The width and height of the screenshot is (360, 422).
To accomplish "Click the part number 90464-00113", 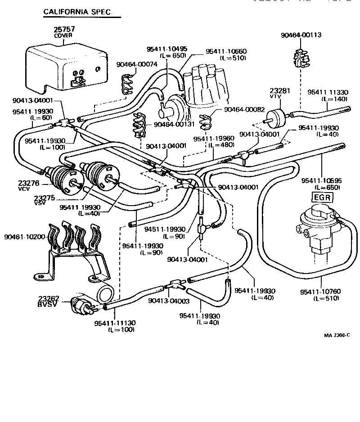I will (301, 35).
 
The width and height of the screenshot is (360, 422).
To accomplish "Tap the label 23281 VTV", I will (279, 93).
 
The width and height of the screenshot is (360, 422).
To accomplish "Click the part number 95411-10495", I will (167, 49).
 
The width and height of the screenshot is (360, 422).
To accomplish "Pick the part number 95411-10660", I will (226, 52).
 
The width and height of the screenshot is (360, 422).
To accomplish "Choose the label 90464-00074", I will (137, 64).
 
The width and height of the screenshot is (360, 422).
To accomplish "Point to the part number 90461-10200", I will (24, 237).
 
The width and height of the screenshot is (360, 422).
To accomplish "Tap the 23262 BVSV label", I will (49, 301).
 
